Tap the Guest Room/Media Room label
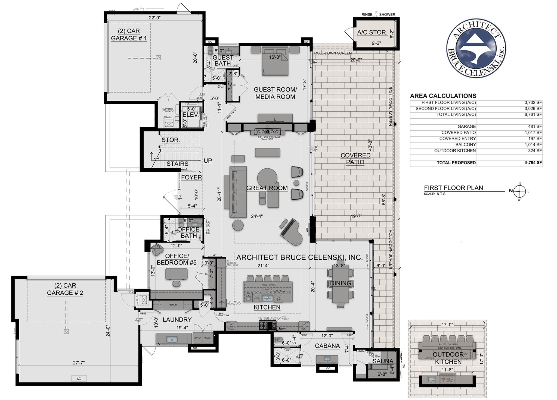275,93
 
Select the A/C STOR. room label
372,32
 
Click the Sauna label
383,361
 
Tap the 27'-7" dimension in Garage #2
79,363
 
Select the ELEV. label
191,115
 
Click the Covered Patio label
355,159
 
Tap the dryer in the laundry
198,338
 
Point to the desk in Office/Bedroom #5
177,274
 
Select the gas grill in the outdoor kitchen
446,380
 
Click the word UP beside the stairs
208,160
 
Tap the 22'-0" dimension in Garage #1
154,18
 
